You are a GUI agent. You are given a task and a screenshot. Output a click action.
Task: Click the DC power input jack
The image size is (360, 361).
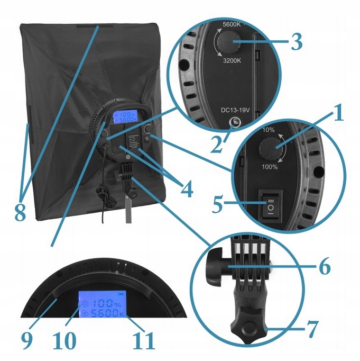click(233, 124)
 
